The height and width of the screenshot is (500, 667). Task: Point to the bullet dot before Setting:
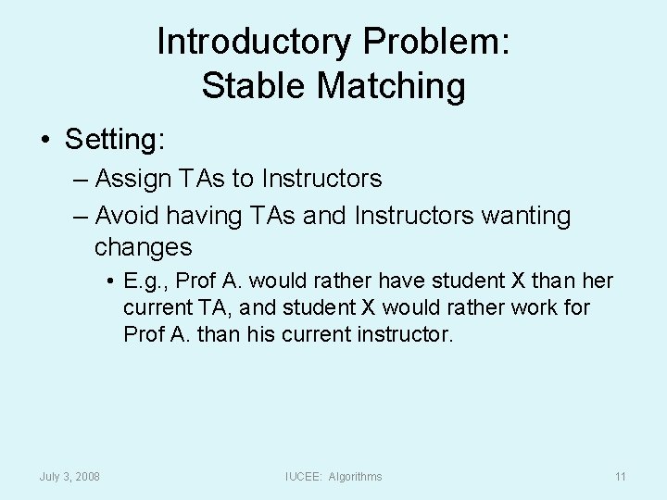click(44, 141)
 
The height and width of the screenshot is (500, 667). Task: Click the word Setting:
click(115, 140)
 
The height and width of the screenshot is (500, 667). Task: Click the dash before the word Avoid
click(81, 216)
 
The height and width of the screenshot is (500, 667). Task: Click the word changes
click(143, 247)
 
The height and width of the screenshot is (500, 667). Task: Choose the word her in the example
click(597, 281)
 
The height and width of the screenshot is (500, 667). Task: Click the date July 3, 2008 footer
click(69, 476)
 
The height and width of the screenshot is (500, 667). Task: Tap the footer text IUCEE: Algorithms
click(333, 476)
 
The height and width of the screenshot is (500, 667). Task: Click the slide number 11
click(620, 476)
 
